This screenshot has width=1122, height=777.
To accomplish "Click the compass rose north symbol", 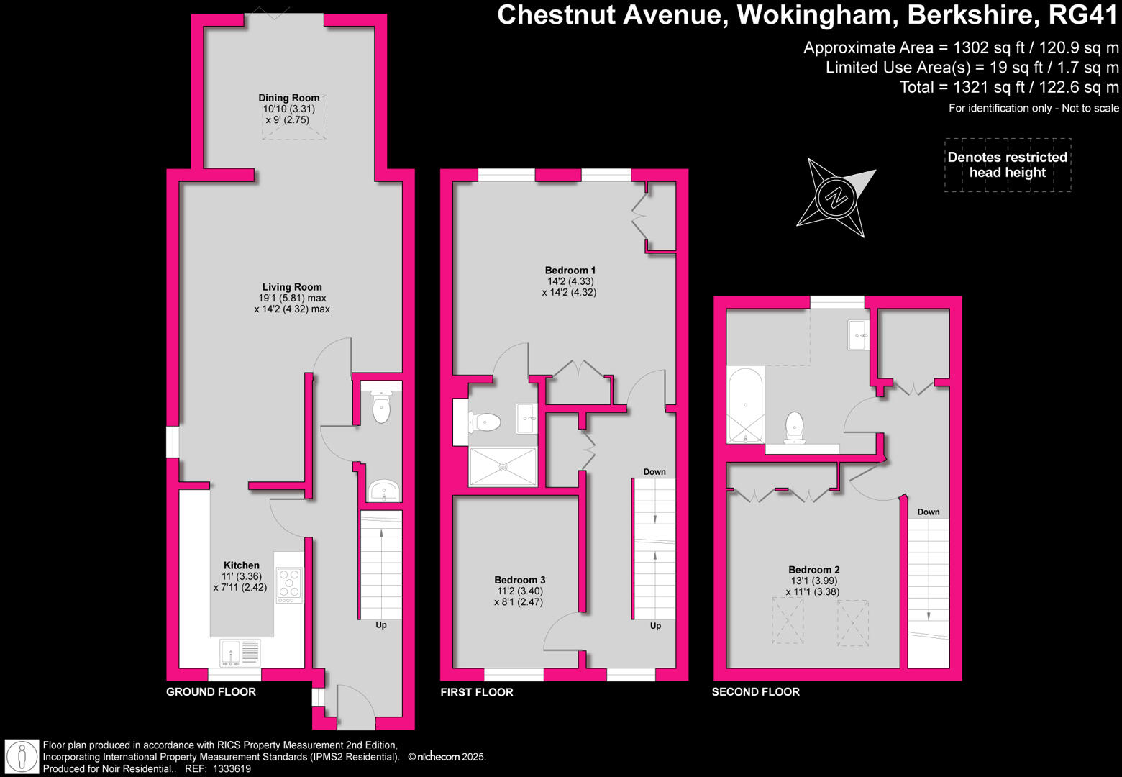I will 836,197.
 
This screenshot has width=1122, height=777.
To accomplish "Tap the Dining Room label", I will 289,98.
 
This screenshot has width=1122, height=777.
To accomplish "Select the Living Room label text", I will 292,287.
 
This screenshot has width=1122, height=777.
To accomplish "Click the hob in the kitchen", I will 290,585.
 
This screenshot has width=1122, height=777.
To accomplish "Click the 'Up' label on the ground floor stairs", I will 381,625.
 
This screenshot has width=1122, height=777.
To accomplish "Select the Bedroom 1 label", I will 570,271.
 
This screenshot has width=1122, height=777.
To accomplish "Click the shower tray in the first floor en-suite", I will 503,467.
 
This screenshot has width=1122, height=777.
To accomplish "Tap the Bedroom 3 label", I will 519,580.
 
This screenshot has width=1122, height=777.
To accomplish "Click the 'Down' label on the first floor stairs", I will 654,472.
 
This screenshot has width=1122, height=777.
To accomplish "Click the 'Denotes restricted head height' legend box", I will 1008,165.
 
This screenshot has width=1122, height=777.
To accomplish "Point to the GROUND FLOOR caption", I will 211,692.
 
